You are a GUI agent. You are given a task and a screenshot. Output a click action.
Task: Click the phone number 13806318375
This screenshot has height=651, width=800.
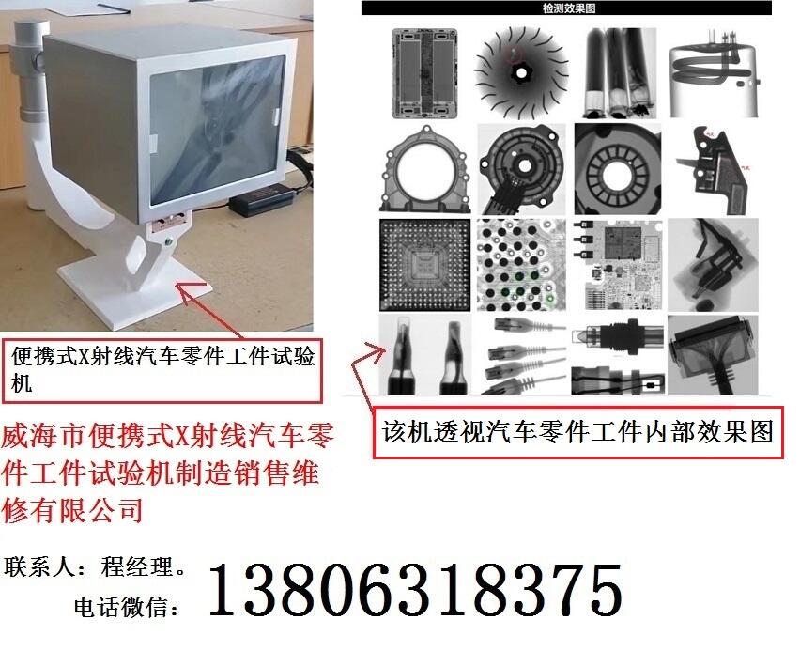tap(415, 590)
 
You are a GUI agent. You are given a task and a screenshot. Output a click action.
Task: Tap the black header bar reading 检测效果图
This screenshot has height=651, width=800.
tap(566, 8)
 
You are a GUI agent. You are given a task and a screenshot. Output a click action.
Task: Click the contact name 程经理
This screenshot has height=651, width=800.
tap(137, 566)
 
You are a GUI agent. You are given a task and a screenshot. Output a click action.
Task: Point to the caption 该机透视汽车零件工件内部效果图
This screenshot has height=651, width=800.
tap(578, 432)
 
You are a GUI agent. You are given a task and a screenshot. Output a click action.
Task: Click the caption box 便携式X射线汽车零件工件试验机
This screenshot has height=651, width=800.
tap(162, 370)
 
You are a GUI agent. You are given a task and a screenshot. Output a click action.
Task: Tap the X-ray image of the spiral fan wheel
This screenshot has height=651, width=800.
tap(520, 73)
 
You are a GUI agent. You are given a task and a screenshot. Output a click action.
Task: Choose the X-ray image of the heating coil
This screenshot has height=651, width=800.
tap(715, 73)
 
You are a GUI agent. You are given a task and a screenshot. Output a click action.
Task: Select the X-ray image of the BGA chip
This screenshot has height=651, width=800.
tap(425, 265)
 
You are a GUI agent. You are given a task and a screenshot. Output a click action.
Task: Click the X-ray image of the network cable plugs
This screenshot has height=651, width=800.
tap(522, 356)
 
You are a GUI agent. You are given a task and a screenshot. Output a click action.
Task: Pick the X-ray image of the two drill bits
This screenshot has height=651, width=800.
tap(425, 356)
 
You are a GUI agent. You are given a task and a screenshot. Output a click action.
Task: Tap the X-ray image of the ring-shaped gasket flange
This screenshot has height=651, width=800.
tap(425, 169)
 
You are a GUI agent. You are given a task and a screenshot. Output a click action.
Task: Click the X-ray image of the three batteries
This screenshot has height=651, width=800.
tap(619, 73)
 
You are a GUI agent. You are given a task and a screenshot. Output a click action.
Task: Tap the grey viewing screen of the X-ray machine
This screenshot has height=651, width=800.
tap(217, 130)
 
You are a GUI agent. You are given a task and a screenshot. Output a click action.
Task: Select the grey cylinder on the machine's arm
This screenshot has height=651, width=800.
tap(30, 71)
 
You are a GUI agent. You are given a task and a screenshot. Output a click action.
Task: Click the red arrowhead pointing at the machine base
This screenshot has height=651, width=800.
tap(185, 289)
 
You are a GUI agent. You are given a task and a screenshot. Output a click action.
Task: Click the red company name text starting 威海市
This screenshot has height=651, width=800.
tap(167, 473)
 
